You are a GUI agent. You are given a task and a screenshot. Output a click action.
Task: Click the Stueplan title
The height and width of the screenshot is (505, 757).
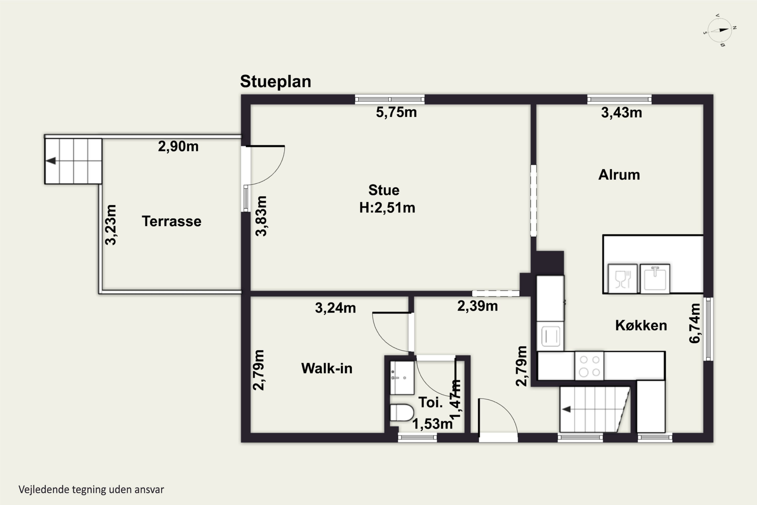point(276,82)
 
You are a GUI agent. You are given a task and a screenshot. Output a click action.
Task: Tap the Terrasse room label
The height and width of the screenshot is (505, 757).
point(172,221)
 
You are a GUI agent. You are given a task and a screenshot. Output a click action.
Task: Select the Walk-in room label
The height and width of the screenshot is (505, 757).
point(327,368)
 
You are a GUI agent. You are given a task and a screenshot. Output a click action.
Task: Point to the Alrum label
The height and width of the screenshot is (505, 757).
point(619,174)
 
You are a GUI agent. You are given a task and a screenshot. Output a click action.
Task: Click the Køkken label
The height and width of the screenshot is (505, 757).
point(641,325)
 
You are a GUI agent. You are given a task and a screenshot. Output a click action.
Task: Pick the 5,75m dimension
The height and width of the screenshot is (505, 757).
point(396,112)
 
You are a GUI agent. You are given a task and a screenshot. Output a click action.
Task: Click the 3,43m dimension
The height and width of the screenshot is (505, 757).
point(621,113)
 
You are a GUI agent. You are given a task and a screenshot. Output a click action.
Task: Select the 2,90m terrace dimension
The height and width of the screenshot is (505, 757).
point(178,146)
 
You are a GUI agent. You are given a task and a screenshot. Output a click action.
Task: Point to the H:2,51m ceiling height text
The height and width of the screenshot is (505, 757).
point(387,208)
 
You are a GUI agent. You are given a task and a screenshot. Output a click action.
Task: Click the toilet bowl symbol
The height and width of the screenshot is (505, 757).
point(402,413)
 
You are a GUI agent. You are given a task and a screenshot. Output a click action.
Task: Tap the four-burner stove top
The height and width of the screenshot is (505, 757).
point(589,366)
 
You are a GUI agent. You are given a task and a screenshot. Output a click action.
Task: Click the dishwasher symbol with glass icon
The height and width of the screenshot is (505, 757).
point(623,279)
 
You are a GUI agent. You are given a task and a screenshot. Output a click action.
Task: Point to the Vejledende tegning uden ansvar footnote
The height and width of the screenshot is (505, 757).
point(91,490)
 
